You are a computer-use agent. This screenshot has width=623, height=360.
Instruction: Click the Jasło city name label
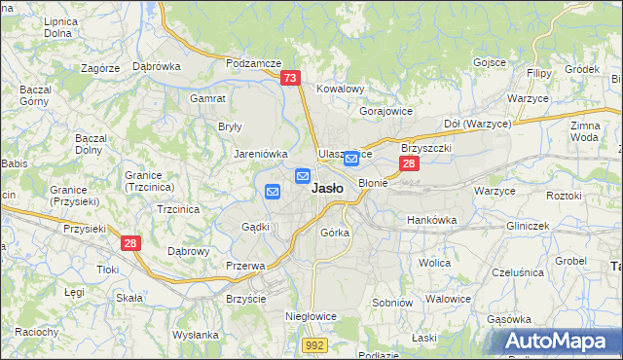[x=326, y=190]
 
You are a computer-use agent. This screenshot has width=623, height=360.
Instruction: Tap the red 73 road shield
[x=290, y=79]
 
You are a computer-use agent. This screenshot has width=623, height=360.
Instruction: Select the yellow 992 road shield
[x=313, y=345]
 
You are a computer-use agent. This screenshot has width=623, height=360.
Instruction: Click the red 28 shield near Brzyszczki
[x=410, y=164]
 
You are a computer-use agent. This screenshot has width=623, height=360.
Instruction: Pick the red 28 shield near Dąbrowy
[x=131, y=243]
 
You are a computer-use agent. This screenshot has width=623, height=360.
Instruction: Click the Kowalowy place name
[x=340, y=89]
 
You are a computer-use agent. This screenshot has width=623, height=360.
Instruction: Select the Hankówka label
[x=431, y=220]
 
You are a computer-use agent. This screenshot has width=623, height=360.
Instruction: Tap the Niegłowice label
[x=310, y=316]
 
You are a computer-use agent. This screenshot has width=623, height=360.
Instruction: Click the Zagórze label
[x=100, y=68]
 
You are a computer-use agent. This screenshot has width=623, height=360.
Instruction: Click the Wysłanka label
[x=196, y=335]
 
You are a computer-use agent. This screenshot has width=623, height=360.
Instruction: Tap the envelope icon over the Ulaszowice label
[x=350, y=158]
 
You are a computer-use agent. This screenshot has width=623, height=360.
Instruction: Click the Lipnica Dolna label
[x=59, y=27]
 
